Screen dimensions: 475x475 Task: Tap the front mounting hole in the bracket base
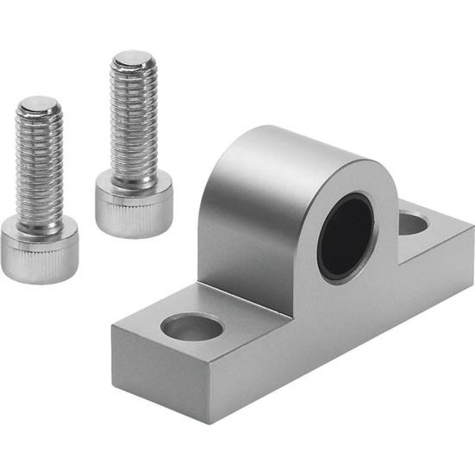coord(192,327)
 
